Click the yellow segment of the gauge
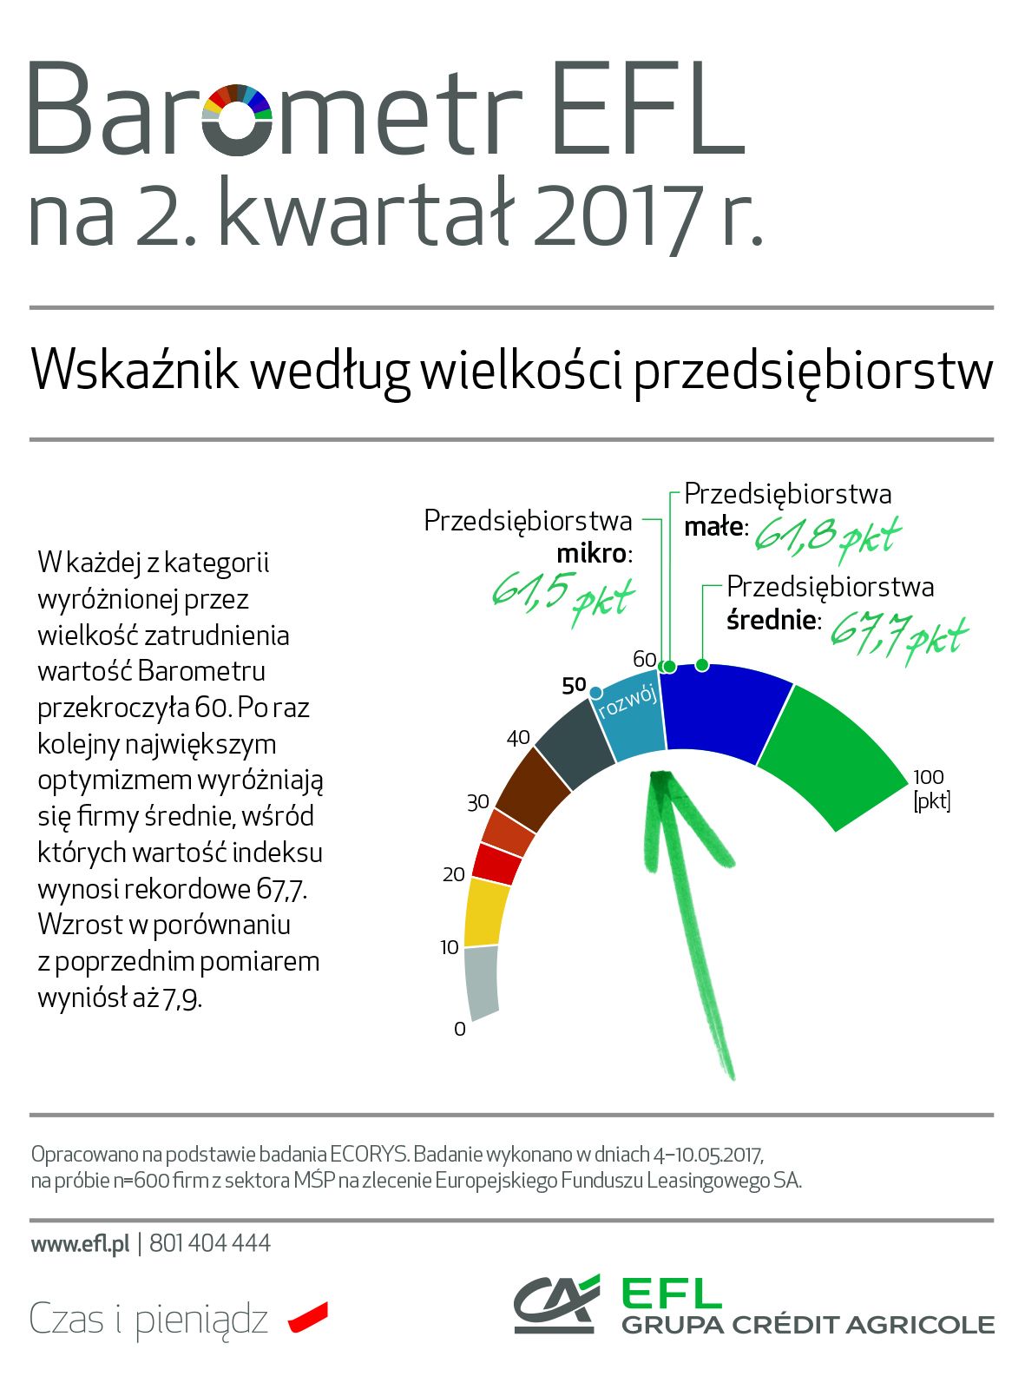point(486,912)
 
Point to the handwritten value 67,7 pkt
point(897,635)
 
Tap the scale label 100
point(928,777)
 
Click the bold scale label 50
point(574,686)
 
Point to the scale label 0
point(460,1030)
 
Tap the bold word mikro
point(593,554)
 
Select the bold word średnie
point(772,620)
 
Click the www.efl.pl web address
point(80,1244)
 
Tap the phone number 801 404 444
point(210,1244)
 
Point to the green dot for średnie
point(702,666)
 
